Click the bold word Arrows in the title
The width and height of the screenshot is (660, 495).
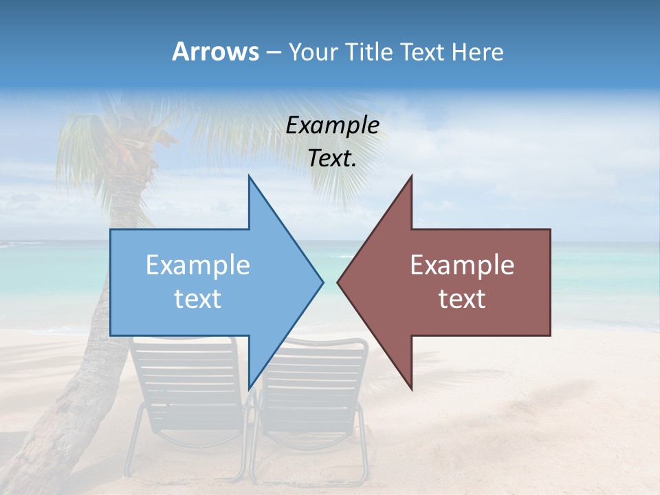215,52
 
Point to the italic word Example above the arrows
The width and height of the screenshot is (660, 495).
333,126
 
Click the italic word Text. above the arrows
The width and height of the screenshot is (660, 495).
333,159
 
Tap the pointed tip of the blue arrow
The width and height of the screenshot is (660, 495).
321,282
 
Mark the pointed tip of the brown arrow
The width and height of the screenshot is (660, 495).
340,282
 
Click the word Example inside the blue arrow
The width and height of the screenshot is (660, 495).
198,265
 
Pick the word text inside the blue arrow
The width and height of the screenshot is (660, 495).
198,299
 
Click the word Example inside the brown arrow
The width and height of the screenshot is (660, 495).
462,265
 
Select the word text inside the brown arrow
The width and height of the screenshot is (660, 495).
462,299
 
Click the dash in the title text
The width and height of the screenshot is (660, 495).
273,52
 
